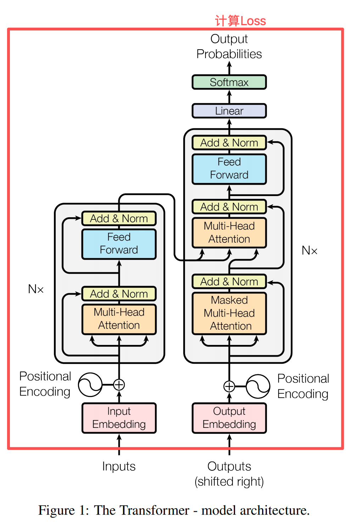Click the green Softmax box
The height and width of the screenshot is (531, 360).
(x=229, y=82)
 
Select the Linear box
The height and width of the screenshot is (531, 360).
(x=229, y=111)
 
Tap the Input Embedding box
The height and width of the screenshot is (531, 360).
(x=119, y=418)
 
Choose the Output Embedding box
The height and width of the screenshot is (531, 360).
(x=229, y=418)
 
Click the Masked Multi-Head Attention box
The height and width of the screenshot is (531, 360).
(x=229, y=313)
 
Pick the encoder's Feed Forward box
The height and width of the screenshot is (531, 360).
(x=119, y=244)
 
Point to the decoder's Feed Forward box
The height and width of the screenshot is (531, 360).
(x=229, y=169)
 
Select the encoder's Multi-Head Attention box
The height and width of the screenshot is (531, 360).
(x=119, y=319)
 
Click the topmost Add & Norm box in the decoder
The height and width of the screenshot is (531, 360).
(x=229, y=143)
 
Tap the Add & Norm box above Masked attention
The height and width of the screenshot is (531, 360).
(x=229, y=282)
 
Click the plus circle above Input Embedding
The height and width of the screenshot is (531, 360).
(x=119, y=385)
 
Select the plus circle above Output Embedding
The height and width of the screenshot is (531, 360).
(x=229, y=386)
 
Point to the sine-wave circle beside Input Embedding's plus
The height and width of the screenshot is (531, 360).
(x=90, y=385)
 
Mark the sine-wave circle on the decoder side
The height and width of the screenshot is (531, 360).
(x=258, y=386)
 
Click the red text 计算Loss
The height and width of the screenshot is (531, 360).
(x=240, y=21)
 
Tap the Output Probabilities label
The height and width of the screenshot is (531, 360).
(x=229, y=46)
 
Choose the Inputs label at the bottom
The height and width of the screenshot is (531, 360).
(x=119, y=466)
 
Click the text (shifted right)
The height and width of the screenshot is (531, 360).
(x=229, y=482)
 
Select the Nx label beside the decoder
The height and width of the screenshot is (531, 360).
(x=309, y=251)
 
